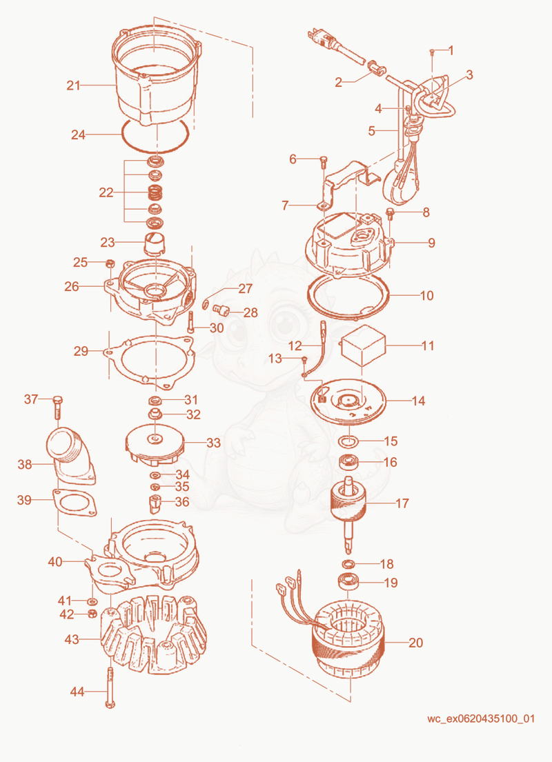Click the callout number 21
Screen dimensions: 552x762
73,86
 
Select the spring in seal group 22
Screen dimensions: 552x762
155,193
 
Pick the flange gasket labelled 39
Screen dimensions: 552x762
74,503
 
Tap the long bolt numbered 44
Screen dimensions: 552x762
110,687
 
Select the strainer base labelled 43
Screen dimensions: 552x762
153,632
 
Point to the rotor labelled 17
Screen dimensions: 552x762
348,514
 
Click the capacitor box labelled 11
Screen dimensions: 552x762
364,346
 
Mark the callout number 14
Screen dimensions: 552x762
418,401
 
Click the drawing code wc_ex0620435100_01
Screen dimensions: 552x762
480,719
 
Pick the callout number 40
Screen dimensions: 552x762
55,562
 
